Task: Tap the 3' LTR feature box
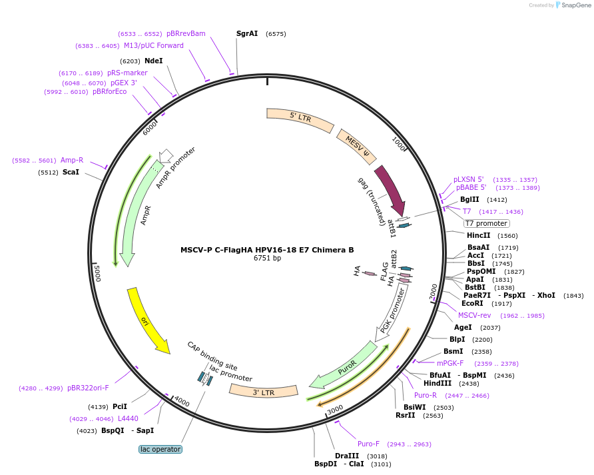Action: click(264, 392)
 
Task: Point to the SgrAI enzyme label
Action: click(247, 33)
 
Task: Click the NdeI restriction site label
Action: click(154, 61)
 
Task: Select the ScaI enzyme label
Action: click(71, 172)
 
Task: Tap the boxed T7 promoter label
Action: click(486, 224)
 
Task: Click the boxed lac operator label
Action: click(160, 449)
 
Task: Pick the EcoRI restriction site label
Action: click(472, 303)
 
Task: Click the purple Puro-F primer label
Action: click(368, 444)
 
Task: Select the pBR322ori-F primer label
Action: click(88, 388)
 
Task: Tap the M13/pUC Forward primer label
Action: click(153, 45)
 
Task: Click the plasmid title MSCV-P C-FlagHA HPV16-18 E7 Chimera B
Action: click(267, 250)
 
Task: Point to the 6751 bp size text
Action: click(267, 258)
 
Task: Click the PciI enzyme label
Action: click(120, 406)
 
